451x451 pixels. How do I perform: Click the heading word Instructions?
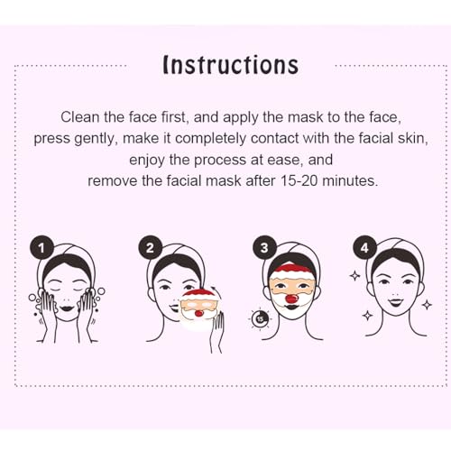[x=230, y=65]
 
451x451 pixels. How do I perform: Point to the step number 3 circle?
[x=262, y=246]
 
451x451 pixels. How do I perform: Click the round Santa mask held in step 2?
[x=199, y=312]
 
